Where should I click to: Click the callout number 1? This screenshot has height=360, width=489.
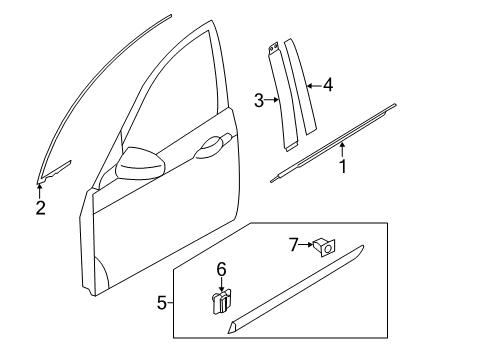343,166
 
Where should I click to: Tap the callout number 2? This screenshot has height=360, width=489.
40,208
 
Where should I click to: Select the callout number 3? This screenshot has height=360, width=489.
259,100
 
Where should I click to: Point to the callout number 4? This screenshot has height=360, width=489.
328,85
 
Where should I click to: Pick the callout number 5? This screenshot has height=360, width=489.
162,303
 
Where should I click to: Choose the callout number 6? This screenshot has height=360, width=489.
222,269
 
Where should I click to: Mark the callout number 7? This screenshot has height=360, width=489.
293,245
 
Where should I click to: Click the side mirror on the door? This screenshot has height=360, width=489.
140,163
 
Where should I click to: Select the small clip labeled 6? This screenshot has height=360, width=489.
222,301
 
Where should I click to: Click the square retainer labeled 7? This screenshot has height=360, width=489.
324,247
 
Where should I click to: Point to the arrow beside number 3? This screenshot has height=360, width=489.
272,99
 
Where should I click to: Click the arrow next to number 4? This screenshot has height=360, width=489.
314,86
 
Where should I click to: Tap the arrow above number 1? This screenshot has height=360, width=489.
342,150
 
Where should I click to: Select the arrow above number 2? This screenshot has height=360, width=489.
40,191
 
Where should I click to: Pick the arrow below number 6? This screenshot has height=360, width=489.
222,285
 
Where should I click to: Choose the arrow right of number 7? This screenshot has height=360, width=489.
306,245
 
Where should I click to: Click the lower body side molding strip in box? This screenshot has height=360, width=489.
295,289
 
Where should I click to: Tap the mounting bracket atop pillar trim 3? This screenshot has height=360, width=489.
274,48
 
